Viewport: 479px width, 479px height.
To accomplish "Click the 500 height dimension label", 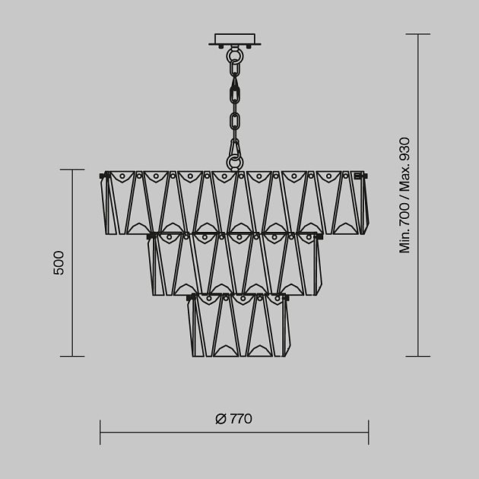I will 59,262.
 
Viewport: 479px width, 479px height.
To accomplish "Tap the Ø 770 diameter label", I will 234,419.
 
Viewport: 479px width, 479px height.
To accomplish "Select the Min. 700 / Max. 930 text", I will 404,195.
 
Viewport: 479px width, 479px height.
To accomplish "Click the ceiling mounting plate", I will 235,40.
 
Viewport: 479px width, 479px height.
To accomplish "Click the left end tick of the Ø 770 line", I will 100,432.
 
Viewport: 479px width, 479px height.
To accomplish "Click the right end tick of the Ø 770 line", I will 369,432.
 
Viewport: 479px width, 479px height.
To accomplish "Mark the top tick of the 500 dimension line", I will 72,170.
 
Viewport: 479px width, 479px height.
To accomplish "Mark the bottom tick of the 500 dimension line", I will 72,356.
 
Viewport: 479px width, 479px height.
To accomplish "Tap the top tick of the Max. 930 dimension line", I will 418,34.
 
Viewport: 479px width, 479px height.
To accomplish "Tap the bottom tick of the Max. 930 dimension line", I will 418,356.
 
